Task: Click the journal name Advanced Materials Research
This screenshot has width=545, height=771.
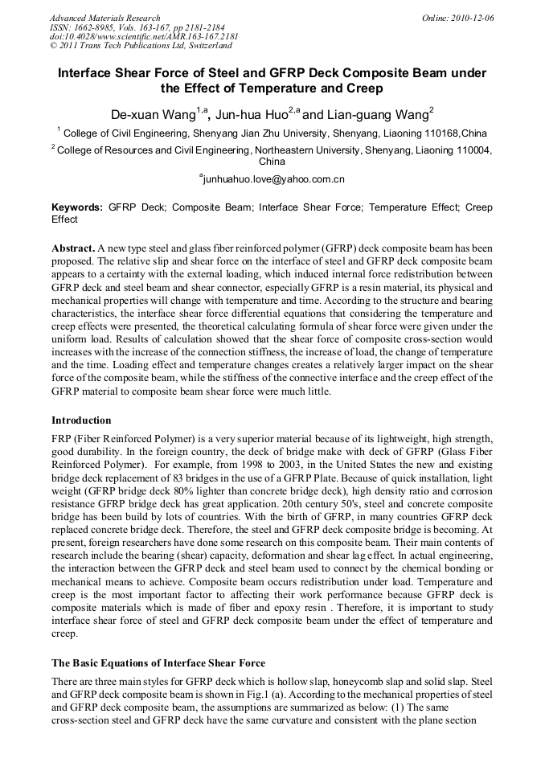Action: [x=104, y=18]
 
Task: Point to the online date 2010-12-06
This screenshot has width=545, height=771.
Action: [x=472, y=18]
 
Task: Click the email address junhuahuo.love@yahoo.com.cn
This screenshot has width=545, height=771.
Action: [x=273, y=178]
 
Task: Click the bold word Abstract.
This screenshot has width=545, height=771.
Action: [x=73, y=249]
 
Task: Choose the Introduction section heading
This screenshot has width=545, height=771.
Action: [x=81, y=420]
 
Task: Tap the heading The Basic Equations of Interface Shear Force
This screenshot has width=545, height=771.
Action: [x=158, y=662]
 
